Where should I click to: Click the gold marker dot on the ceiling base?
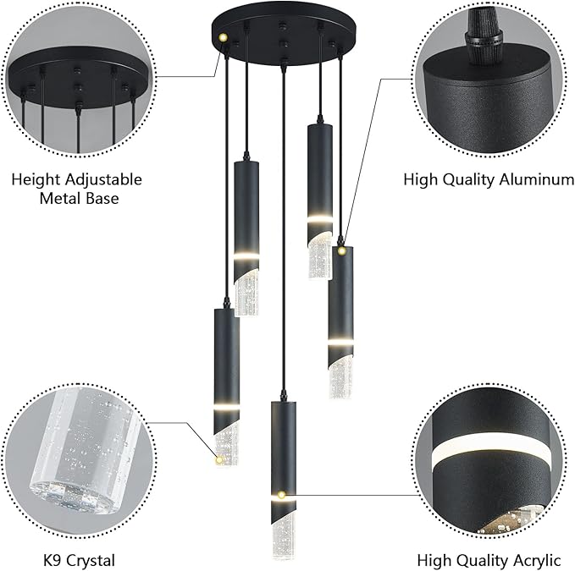tap(222, 37)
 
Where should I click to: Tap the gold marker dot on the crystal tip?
tap(219, 459)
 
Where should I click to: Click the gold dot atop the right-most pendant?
tap(342, 250)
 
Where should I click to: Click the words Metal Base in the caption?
tap(76, 200)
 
